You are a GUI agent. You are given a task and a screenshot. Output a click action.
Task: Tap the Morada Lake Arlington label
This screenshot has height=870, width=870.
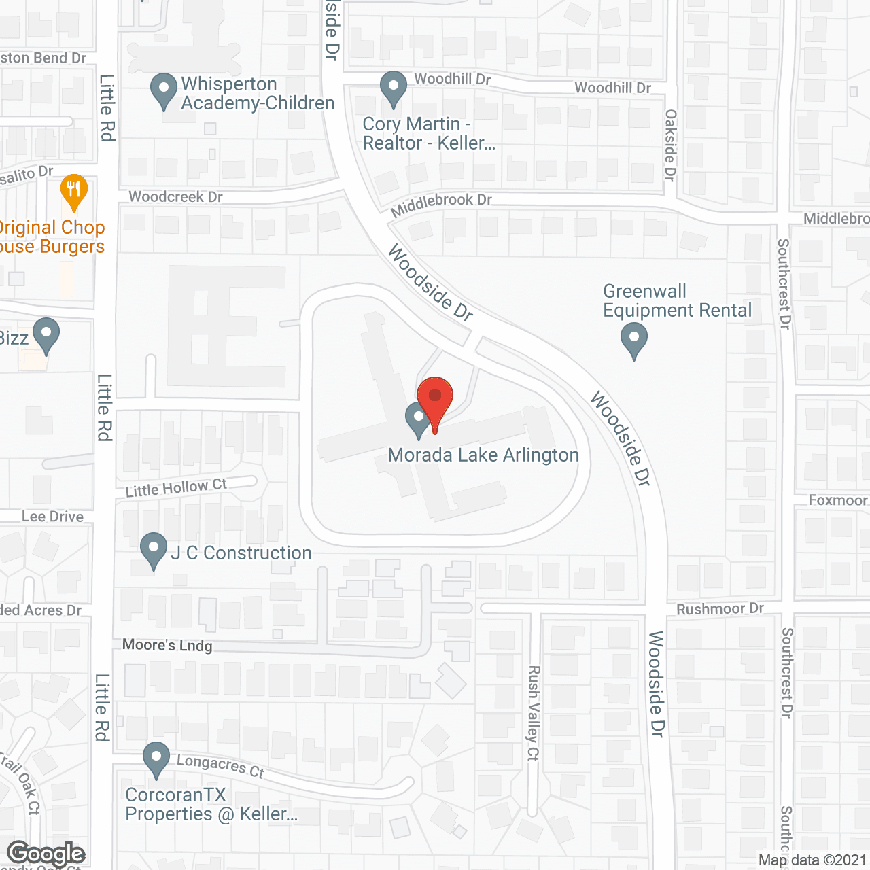[x=483, y=455]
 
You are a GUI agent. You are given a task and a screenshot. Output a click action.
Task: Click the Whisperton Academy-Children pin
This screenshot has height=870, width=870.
[x=163, y=90]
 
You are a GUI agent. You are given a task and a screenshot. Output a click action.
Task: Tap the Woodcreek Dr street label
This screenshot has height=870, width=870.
[x=175, y=196]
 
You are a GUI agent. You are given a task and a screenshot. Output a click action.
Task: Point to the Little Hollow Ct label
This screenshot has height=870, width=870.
[x=176, y=487]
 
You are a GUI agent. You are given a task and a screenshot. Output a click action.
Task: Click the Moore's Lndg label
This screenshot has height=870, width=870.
[x=167, y=645]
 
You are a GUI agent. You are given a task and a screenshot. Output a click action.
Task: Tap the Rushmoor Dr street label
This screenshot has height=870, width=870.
[x=720, y=608]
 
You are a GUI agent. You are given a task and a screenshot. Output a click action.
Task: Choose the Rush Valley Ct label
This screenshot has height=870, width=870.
[x=534, y=713]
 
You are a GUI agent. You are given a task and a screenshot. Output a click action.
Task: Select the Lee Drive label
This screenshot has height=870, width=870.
[x=52, y=517]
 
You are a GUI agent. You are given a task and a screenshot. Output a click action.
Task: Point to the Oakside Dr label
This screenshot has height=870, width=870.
[x=671, y=145]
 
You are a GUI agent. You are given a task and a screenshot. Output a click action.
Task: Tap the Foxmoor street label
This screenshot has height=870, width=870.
[x=837, y=500]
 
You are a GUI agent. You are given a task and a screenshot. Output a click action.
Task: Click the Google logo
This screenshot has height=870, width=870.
[x=46, y=854]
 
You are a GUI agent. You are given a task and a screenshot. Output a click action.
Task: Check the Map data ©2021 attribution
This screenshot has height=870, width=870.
[x=812, y=860]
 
